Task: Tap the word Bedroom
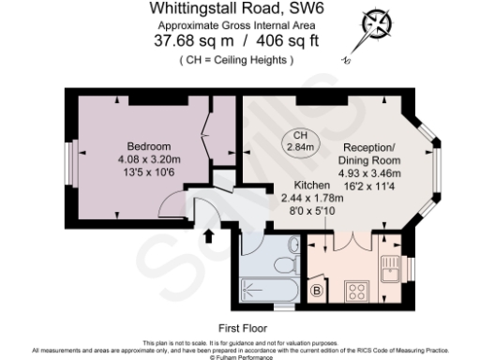pyautogui.click(x=149, y=147)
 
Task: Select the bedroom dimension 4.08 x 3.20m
pyautogui.click(x=149, y=159)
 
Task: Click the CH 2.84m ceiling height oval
pyautogui.click(x=303, y=140)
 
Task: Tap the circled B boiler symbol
pyautogui.click(x=317, y=292)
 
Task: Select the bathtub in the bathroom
pyautogui.click(x=266, y=292)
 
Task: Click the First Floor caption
pyautogui.click(x=241, y=329)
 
